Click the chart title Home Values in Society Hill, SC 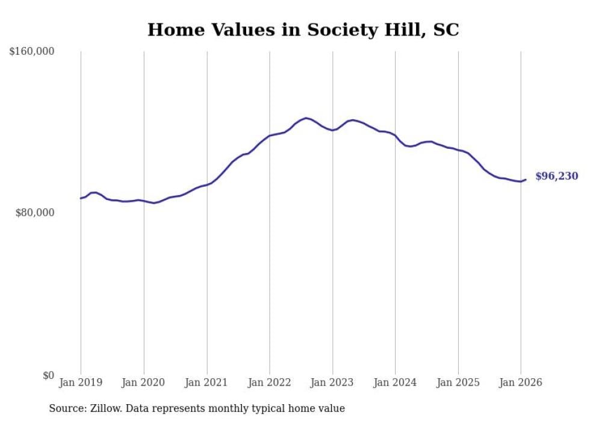coord(303,30)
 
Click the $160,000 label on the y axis coord(32,52)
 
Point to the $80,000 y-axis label coord(34,213)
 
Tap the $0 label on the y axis coord(48,375)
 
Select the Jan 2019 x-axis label coord(81,382)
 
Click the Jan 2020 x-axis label coord(144,382)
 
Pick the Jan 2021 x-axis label coord(206,382)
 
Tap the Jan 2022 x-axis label coord(270,382)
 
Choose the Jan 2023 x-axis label coord(332,382)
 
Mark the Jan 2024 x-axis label coord(395,382)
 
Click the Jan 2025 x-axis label coord(458,382)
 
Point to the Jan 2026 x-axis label coord(521,382)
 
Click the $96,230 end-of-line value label coord(556,176)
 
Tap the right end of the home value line coord(526,179)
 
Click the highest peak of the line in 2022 coord(306,118)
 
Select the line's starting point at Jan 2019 coord(81,198)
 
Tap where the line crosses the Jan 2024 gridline coord(395,136)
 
